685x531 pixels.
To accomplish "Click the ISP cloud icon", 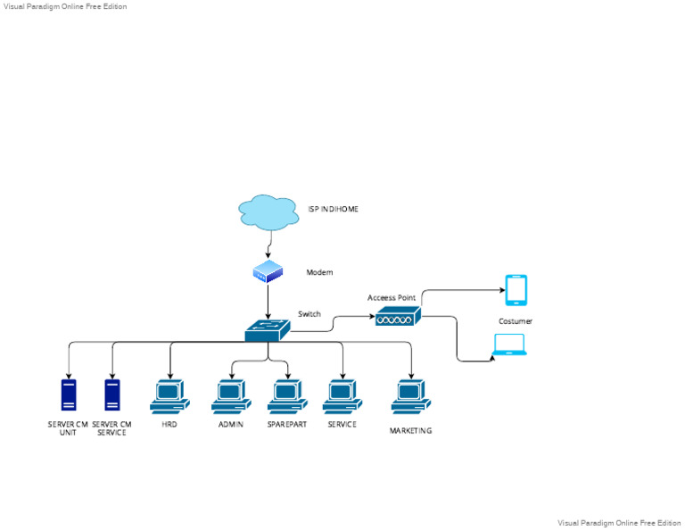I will [x=268, y=212].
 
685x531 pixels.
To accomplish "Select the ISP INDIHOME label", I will [x=333, y=209].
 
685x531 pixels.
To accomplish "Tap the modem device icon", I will [x=268, y=272].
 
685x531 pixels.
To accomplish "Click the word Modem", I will [x=319, y=272].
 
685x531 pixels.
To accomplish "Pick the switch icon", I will [x=268, y=330].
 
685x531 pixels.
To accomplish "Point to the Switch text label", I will [x=309, y=314].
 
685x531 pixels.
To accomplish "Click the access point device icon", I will [x=397, y=316].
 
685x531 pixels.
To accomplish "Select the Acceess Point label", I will [x=392, y=297].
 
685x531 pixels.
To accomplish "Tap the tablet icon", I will [x=516, y=290].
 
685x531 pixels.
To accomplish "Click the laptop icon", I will [x=510, y=344].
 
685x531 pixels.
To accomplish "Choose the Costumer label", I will [x=516, y=321].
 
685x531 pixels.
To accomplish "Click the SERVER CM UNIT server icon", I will [x=69, y=395].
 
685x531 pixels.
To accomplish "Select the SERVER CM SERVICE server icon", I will [x=112, y=395].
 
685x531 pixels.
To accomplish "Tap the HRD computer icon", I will [x=169, y=395].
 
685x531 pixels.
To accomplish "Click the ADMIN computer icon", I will [x=231, y=395].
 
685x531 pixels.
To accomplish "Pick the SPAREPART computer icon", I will [x=287, y=395].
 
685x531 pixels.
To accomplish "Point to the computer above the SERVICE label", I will [x=342, y=395].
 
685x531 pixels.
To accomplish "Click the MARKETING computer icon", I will [x=410, y=395].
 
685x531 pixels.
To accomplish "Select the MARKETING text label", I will [x=410, y=431].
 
